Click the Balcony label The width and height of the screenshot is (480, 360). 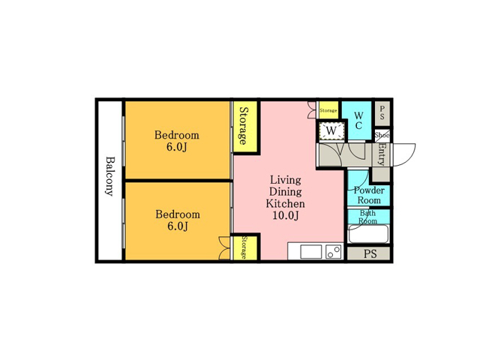109,176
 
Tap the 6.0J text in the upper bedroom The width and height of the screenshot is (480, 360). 177,147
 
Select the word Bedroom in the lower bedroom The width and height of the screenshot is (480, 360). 178,214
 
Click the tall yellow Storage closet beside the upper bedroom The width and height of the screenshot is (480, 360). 245,126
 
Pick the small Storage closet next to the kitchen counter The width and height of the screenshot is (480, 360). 245,247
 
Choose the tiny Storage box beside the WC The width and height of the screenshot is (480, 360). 328,110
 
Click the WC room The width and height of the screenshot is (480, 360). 358,121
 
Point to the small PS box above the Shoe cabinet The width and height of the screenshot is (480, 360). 382,113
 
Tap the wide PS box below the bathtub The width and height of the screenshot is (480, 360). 370,253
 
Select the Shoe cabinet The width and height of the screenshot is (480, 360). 382,135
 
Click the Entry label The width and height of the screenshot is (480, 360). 382,154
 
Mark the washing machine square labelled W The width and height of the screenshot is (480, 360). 331,131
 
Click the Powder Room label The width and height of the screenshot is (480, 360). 369,195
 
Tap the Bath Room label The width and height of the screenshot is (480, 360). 367,217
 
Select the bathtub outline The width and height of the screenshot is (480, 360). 369,234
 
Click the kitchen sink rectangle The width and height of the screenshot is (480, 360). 311,252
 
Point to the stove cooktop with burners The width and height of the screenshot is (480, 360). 334,252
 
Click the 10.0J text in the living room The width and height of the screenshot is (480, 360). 285,215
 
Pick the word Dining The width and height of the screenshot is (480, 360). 285,192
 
